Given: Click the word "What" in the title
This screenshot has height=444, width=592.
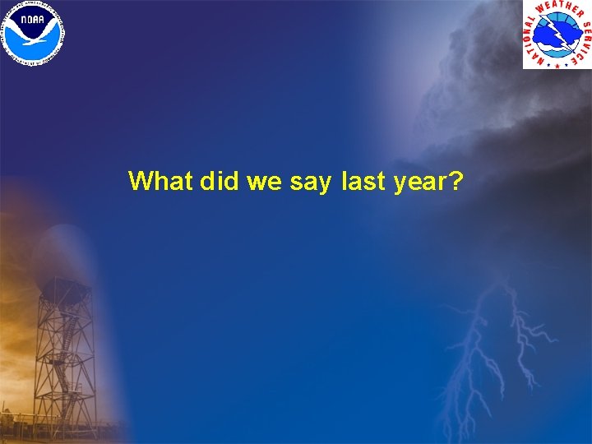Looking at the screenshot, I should click(161, 181).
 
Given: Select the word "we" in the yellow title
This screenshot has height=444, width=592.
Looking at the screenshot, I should click(265, 182).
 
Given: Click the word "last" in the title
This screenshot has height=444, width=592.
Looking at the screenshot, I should click(362, 181).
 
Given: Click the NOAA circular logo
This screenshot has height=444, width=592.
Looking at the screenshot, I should click(34, 33).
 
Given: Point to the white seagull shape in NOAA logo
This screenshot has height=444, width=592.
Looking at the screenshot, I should click(34, 34).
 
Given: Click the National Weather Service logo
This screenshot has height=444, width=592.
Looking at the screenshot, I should click(557, 34).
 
